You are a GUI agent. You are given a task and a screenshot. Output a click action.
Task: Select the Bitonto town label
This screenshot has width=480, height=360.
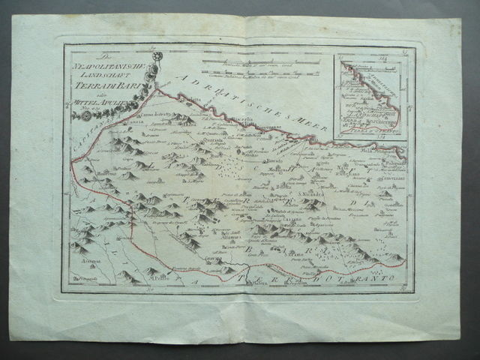tap(278, 184)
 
